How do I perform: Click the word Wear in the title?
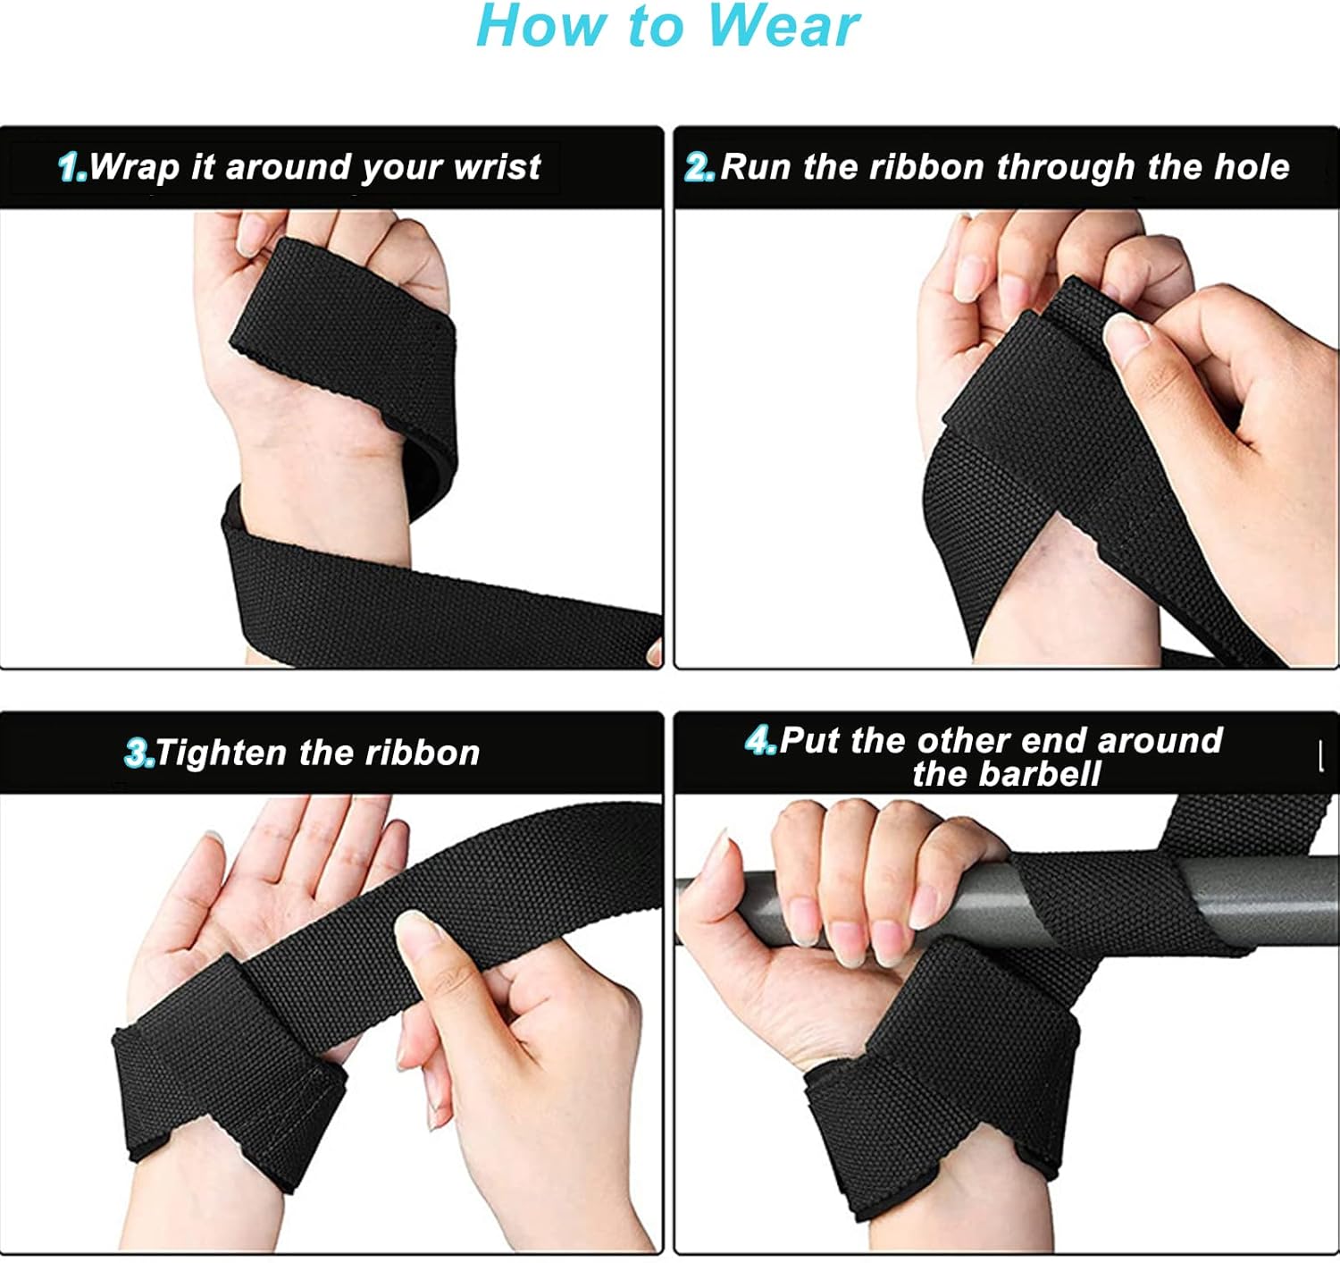(784, 26)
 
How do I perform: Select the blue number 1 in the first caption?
(72, 167)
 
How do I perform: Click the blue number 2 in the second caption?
(699, 167)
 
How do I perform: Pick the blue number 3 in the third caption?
(139, 753)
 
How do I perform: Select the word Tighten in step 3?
(222, 753)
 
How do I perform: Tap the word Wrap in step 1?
(134, 167)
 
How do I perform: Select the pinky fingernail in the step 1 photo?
(250, 233)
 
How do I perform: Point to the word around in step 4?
(1160, 740)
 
